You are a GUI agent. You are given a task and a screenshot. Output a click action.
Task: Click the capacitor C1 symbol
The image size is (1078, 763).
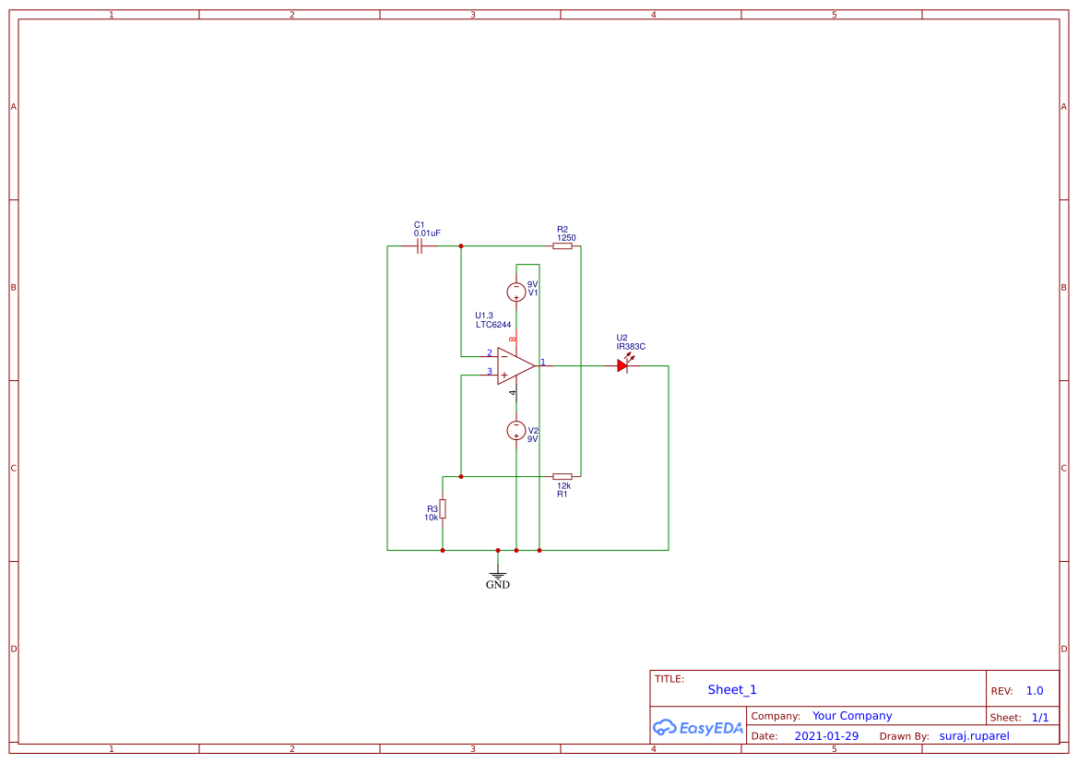pyautogui.click(x=421, y=246)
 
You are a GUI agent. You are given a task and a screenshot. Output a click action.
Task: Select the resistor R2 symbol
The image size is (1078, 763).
pyautogui.click(x=562, y=246)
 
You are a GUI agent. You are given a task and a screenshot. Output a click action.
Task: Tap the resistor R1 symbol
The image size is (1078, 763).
pyautogui.click(x=562, y=476)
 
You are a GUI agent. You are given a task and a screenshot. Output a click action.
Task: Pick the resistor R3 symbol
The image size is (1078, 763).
pyautogui.click(x=443, y=508)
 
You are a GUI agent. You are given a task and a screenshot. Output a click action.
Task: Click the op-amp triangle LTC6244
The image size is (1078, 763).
pyautogui.click(x=515, y=365)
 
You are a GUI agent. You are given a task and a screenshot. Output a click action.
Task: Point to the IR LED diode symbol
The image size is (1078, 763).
pyautogui.click(x=622, y=365)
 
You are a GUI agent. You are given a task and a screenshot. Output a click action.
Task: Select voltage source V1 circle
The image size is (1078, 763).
pyautogui.click(x=516, y=292)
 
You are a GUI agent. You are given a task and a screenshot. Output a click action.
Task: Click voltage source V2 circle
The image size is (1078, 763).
pyautogui.click(x=516, y=430)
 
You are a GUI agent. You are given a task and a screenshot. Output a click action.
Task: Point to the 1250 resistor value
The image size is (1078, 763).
pyautogui.click(x=566, y=238)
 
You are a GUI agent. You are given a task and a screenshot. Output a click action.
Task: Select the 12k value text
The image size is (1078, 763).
pyautogui.click(x=563, y=485)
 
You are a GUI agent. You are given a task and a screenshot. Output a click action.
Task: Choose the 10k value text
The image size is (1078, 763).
pyautogui.click(x=431, y=518)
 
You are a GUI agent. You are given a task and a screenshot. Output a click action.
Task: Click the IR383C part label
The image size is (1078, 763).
pyautogui.click(x=631, y=347)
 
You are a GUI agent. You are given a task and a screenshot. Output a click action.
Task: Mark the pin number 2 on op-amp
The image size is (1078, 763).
pyautogui.click(x=489, y=353)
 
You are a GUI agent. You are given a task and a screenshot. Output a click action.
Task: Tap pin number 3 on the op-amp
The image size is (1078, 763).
pyautogui.click(x=489, y=371)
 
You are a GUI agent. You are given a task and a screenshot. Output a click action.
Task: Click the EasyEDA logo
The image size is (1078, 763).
pyautogui.click(x=697, y=728)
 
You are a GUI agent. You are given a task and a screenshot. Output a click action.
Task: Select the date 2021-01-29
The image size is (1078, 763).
pyautogui.click(x=826, y=736)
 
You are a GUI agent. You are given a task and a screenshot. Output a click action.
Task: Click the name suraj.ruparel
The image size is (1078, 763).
pyautogui.click(x=974, y=736)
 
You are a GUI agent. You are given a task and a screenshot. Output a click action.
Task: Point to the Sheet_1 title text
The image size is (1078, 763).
pyautogui.click(x=732, y=690)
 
